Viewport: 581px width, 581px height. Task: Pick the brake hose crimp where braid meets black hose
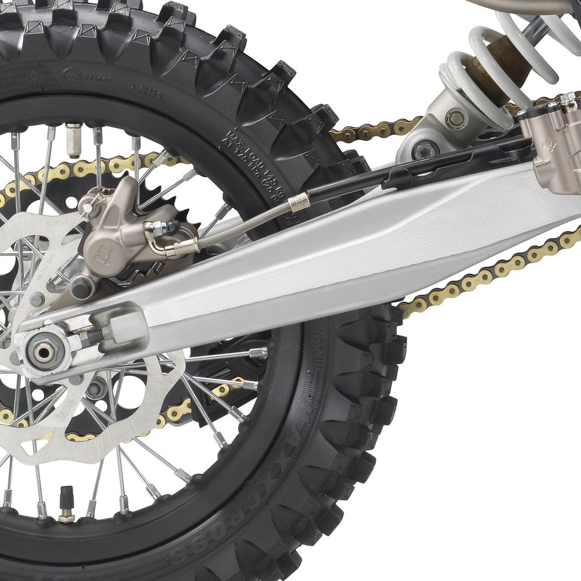pos(299,202)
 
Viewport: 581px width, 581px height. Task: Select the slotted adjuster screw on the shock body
pos(456,119)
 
